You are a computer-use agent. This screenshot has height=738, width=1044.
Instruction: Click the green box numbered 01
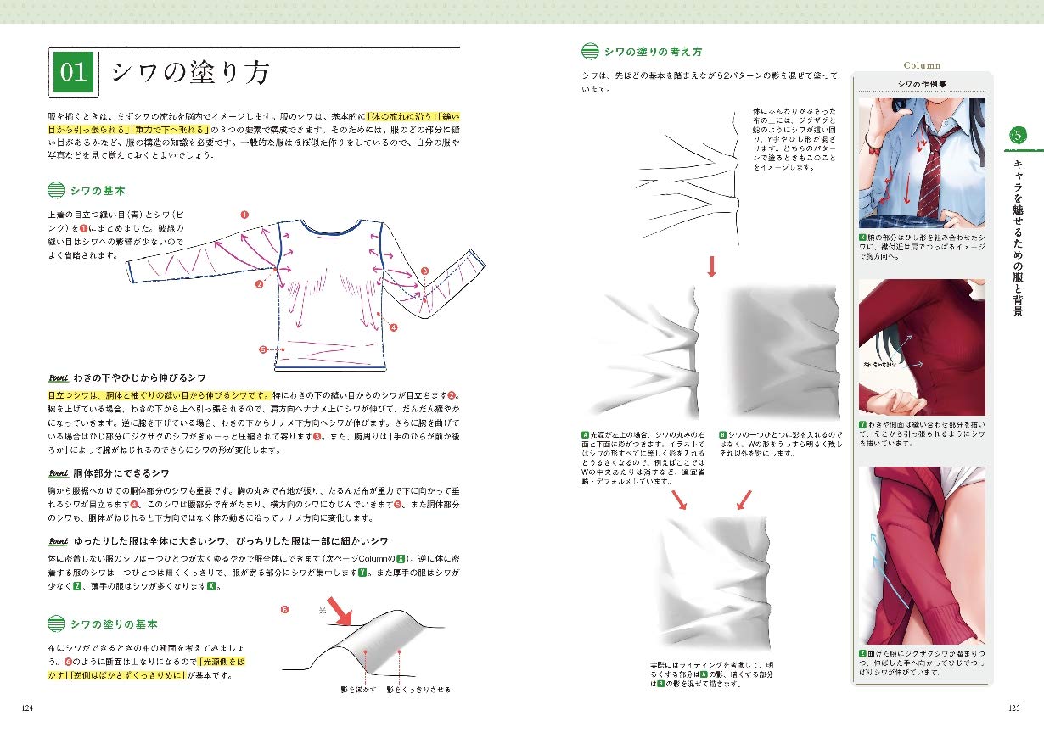75,73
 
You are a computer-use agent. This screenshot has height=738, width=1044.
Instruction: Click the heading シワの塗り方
191,73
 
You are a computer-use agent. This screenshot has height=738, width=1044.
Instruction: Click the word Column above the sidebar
922,65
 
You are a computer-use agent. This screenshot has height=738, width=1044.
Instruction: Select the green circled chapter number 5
1017,134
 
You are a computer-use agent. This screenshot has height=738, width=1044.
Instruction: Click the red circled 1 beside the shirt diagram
244,215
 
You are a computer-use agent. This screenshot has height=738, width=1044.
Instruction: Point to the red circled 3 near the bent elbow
424,271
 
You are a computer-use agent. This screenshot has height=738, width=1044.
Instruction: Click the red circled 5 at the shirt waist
263,349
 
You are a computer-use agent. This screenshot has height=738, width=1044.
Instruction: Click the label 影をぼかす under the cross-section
357,690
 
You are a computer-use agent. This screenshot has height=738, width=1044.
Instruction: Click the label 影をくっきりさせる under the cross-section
418,690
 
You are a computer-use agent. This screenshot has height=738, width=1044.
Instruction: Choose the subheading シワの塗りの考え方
653,52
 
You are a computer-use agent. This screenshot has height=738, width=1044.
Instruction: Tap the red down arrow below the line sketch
711,267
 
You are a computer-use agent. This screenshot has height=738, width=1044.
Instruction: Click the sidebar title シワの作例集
922,83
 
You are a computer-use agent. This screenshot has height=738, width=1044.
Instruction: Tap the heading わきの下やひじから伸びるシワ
138,377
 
